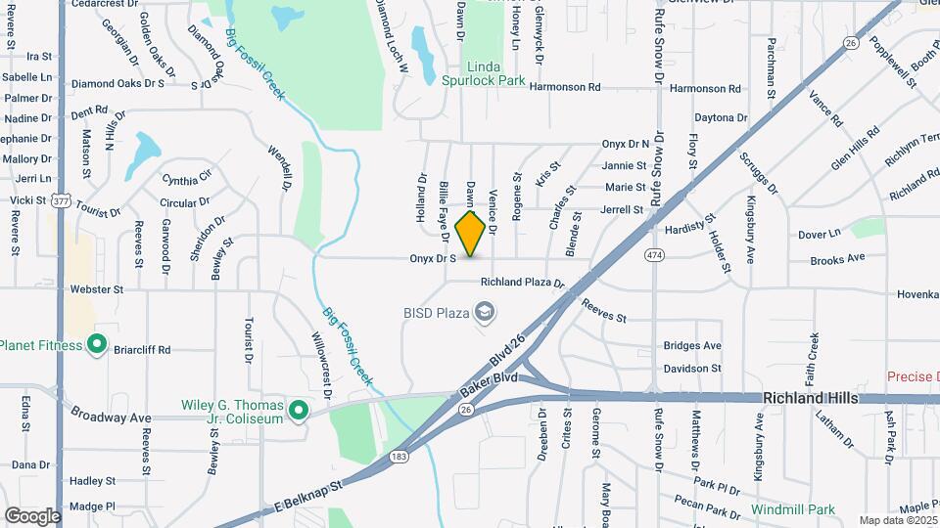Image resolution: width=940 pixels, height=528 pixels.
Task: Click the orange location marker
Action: tap(471, 234)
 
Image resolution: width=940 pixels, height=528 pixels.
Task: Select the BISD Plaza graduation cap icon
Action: tap(483, 313)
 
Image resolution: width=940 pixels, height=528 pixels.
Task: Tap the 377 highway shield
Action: tap(61, 200)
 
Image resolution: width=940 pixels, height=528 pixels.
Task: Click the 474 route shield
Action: tap(654, 255)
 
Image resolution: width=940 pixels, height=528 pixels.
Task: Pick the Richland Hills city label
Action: tap(810, 398)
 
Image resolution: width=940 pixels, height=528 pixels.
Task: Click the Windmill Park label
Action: tap(793, 509)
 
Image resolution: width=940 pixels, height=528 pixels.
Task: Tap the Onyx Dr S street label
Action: tap(433, 259)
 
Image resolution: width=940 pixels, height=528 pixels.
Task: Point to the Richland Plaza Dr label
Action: tap(522, 283)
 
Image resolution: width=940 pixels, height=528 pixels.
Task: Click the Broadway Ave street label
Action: tap(111, 418)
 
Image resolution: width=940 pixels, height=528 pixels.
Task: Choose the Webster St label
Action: tap(103, 290)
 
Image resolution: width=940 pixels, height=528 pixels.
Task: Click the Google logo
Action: tap(32, 514)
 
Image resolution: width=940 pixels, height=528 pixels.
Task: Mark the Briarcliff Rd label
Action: tap(142, 349)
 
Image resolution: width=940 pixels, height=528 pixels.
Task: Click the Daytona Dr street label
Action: tap(721, 118)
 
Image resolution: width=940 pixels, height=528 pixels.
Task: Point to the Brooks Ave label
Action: tap(837, 259)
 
